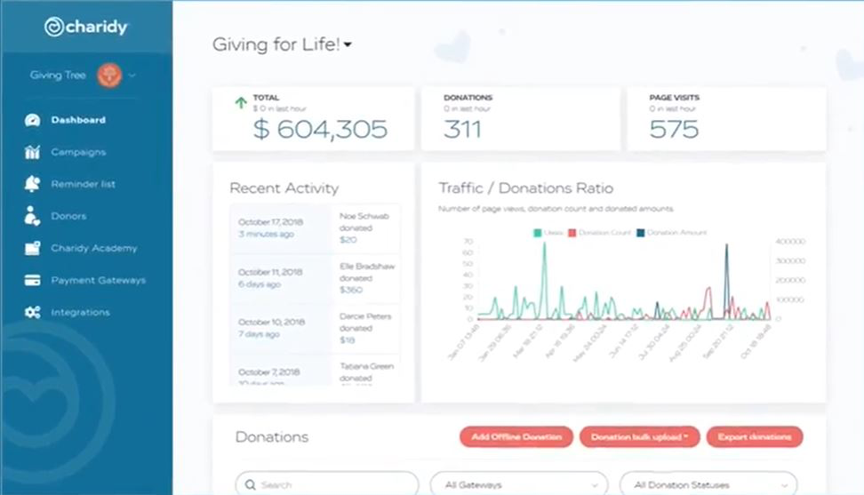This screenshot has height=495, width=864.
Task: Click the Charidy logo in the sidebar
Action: tap(86, 27)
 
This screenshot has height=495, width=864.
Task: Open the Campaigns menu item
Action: tap(78, 152)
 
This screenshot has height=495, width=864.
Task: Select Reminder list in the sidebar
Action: tap(83, 184)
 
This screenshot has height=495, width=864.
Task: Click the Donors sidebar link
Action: tap(68, 216)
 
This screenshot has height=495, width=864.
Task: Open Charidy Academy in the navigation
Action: tap(93, 248)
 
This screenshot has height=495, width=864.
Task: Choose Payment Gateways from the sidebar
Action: tap(98, 280)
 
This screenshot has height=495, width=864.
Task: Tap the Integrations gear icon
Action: tap(33, 312)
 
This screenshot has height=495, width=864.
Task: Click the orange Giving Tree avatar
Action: tap(109, 76)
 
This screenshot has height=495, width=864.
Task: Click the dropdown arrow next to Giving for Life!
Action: tap(348, 45)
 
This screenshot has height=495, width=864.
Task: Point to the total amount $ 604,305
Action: tap(320, 129)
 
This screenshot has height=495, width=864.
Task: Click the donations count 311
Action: tap(463, 129)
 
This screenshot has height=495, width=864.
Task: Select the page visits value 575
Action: tap(674, 129)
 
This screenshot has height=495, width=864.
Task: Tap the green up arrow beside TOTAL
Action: tap(240, 103)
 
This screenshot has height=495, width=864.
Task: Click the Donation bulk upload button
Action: tap(638, 436)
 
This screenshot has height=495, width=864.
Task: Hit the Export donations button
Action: tap(755, 436)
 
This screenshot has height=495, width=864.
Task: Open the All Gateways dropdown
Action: tap(519, 484)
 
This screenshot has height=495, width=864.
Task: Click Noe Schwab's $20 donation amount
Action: tap(348, 239)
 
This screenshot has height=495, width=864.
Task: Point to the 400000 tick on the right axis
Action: tap(790, 241)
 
